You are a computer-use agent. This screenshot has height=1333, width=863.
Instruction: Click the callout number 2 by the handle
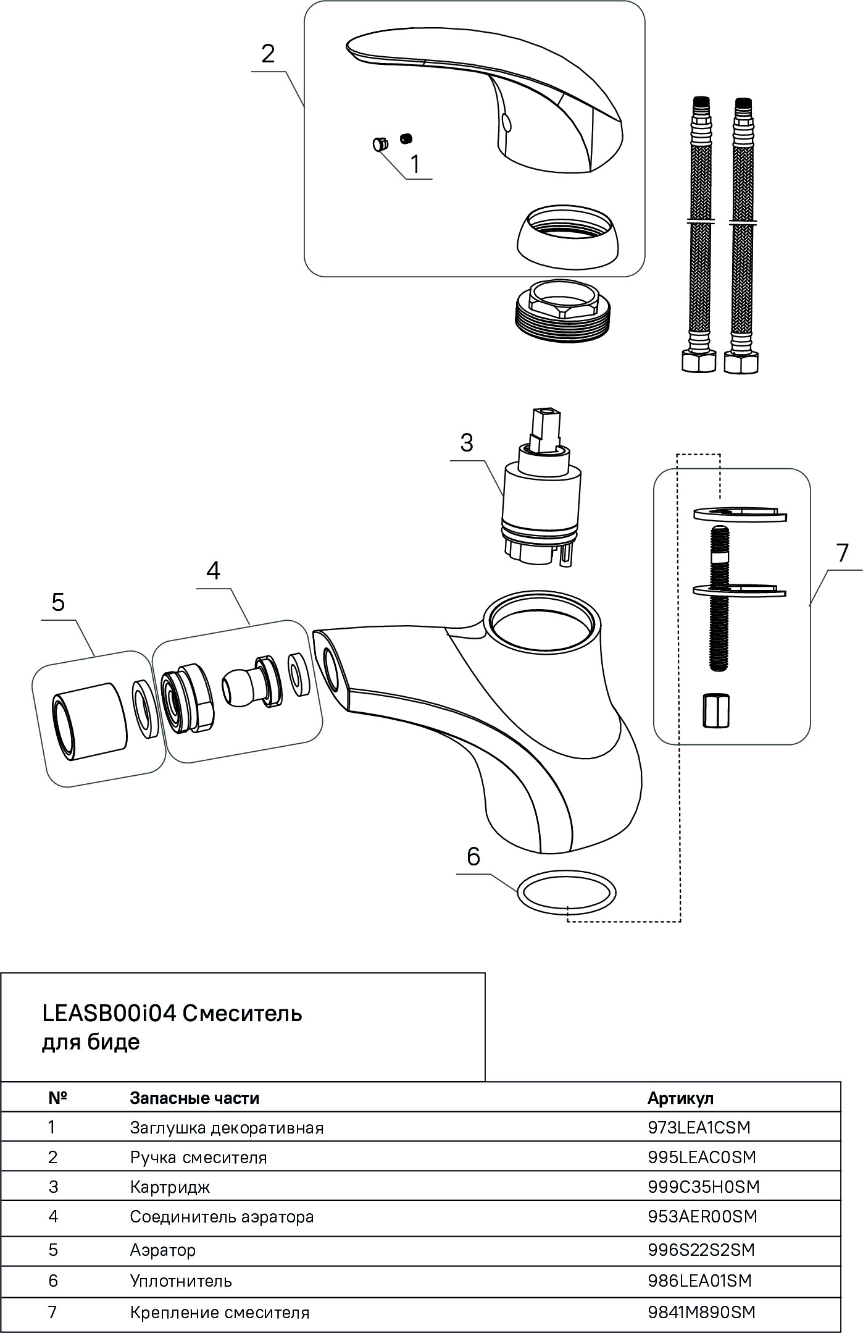tap(267, 54)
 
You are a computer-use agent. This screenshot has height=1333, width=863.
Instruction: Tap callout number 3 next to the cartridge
tap(467, 442)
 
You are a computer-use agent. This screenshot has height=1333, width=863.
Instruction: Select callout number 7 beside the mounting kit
tap(842, 553)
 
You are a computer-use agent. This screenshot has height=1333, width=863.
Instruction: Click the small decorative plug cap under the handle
tap(378, 145)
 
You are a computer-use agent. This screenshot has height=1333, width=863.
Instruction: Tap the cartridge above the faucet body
tap(541, 501)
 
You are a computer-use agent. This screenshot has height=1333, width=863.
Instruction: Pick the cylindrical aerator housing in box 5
tap(91, 720)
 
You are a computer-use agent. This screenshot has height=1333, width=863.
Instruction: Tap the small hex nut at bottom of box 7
tap(716, 710)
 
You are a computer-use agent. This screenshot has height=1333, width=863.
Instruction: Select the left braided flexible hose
tap(699, 235)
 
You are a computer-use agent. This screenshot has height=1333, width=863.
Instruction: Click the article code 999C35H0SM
tap(703, 1187)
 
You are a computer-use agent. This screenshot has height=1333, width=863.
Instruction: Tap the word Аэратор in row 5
tap(163, 1250)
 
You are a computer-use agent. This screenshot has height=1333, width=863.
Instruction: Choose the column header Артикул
tap(680, 1098)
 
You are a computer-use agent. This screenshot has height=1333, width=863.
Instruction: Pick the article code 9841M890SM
tap(701, 1312)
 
